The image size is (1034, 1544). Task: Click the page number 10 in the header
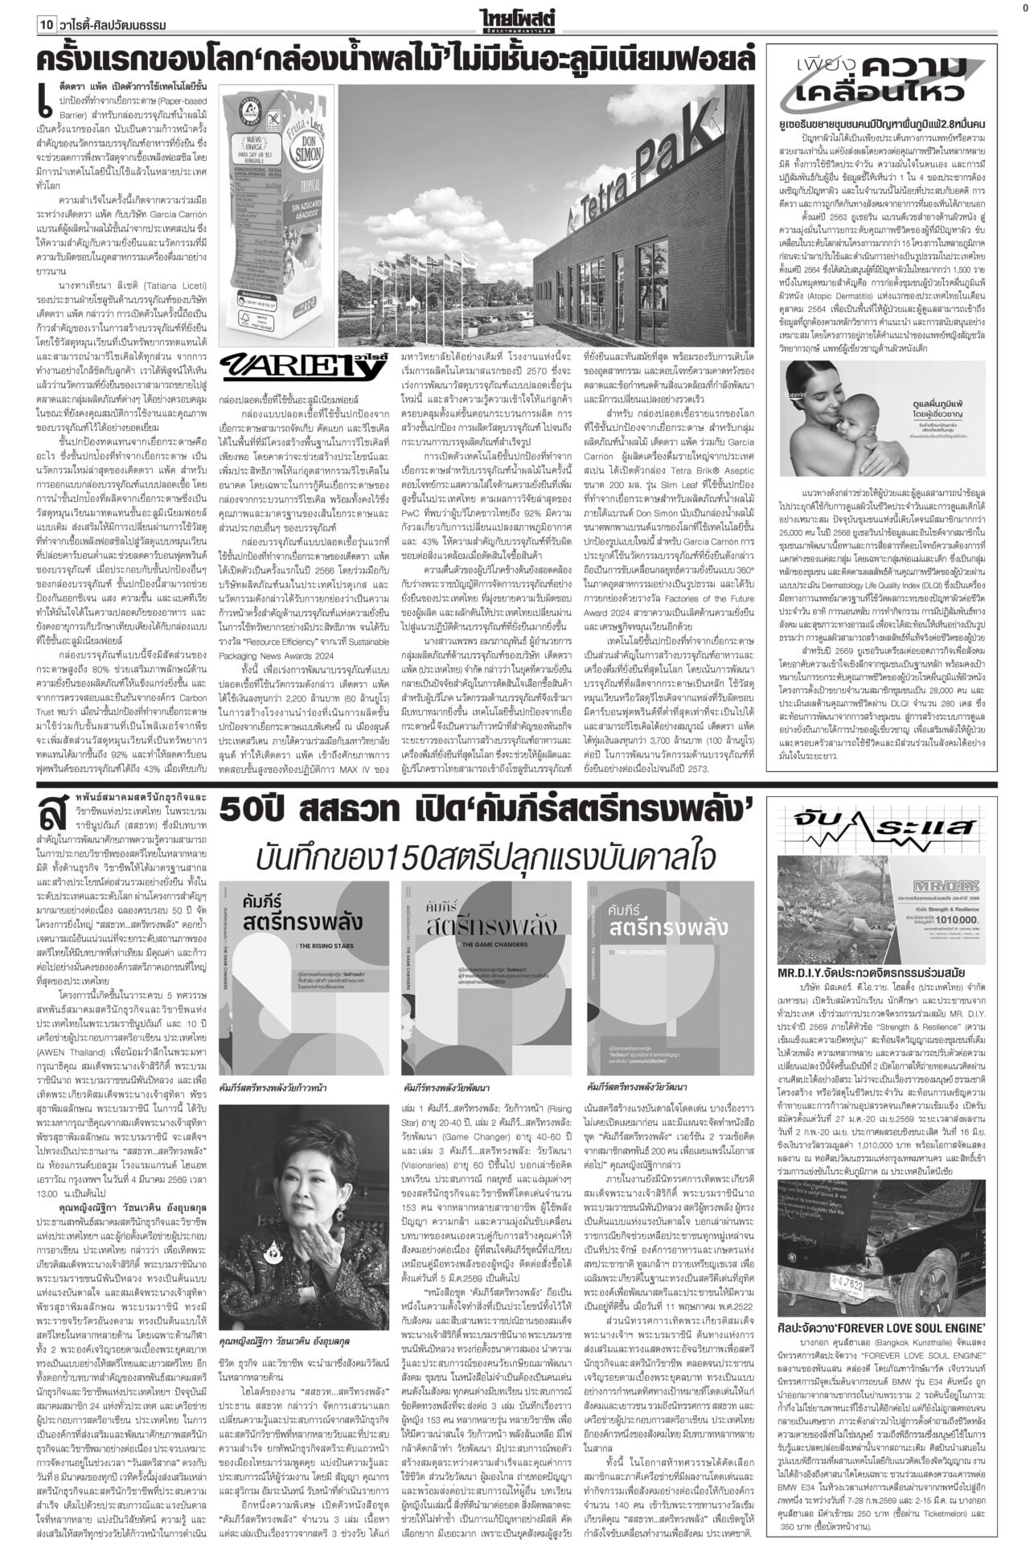pyautogui.click(x=44, y=26)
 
